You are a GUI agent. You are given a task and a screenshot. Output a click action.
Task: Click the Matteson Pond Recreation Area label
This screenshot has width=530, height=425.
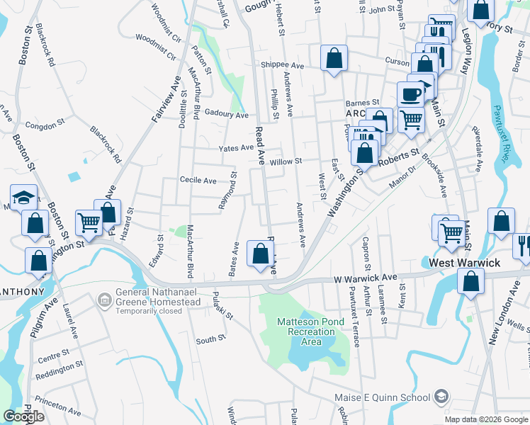310,331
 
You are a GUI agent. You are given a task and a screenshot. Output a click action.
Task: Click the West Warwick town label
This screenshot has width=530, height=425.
465,263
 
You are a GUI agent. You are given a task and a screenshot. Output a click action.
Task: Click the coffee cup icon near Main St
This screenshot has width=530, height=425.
410,95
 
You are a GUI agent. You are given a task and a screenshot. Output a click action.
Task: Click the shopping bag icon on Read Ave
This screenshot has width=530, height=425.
261,254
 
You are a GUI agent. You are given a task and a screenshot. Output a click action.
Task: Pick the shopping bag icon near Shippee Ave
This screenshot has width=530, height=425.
334,59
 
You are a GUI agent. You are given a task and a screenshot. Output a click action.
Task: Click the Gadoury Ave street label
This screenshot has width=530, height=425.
226,114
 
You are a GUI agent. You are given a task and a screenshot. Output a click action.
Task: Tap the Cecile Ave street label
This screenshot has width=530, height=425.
198,181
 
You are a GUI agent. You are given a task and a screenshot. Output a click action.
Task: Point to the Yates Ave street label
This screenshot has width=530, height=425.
236,148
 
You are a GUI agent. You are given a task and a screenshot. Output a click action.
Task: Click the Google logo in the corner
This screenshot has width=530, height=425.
23,416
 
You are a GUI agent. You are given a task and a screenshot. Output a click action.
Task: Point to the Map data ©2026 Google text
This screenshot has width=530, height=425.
487,419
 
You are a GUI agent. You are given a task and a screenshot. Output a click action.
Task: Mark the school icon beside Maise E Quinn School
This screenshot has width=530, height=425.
442,395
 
